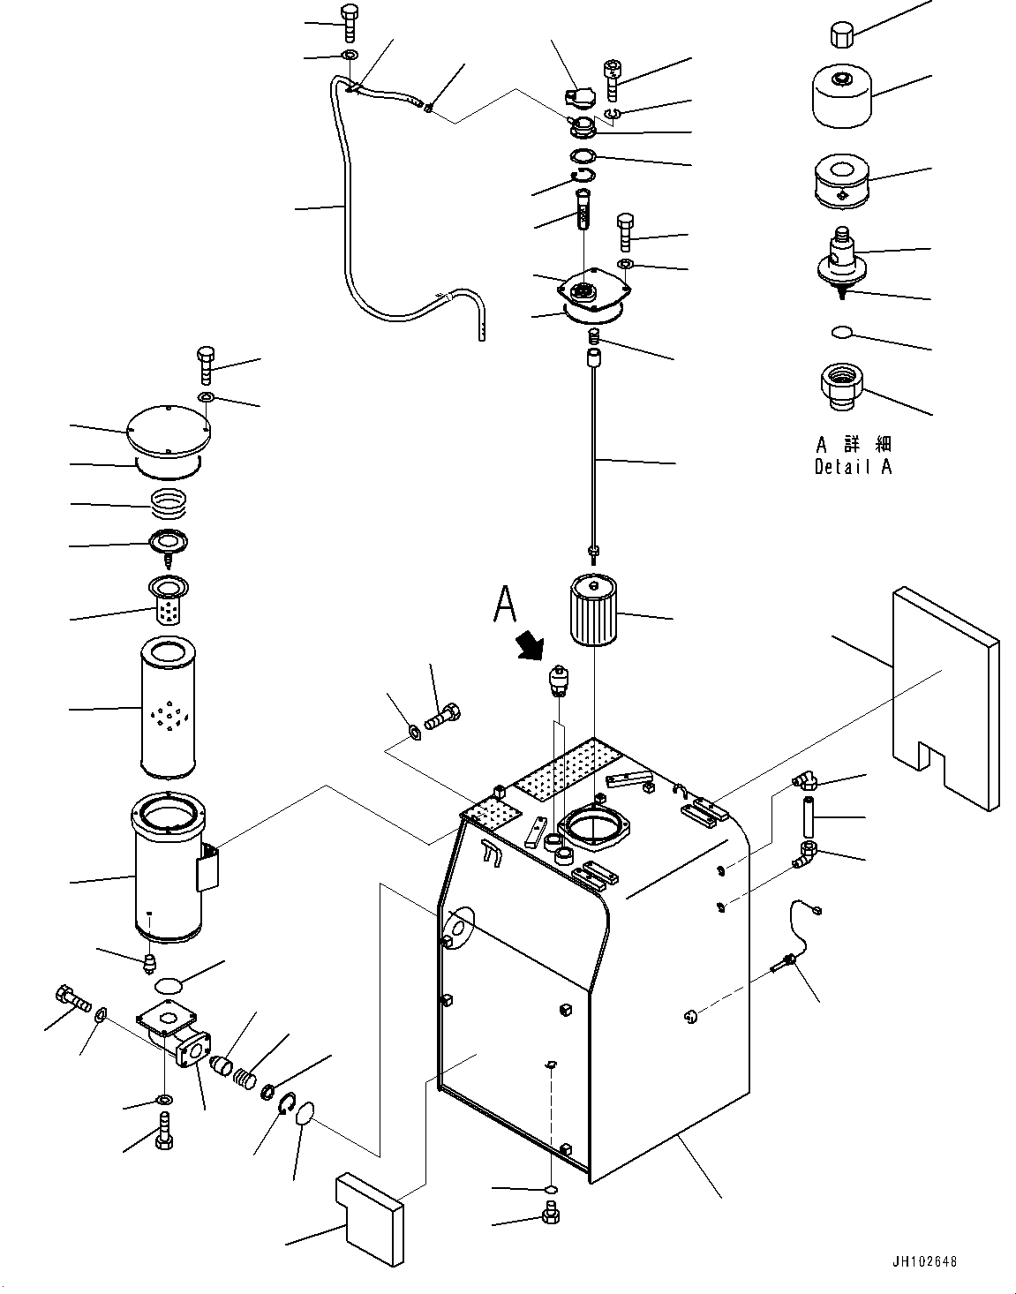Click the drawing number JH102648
[925, 1261]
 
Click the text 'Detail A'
[854, 467]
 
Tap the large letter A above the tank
[505, 604]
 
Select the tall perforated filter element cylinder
[168, 707]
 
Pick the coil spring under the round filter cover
[169, 501]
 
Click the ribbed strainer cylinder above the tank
[593, 609]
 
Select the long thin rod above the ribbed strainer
[594, 455]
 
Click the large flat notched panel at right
[945, 698]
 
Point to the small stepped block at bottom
[370, 1218]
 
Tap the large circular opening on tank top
[596, 828]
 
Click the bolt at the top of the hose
[349, 23]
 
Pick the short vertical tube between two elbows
[809, 816]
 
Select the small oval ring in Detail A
[842, 332]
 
